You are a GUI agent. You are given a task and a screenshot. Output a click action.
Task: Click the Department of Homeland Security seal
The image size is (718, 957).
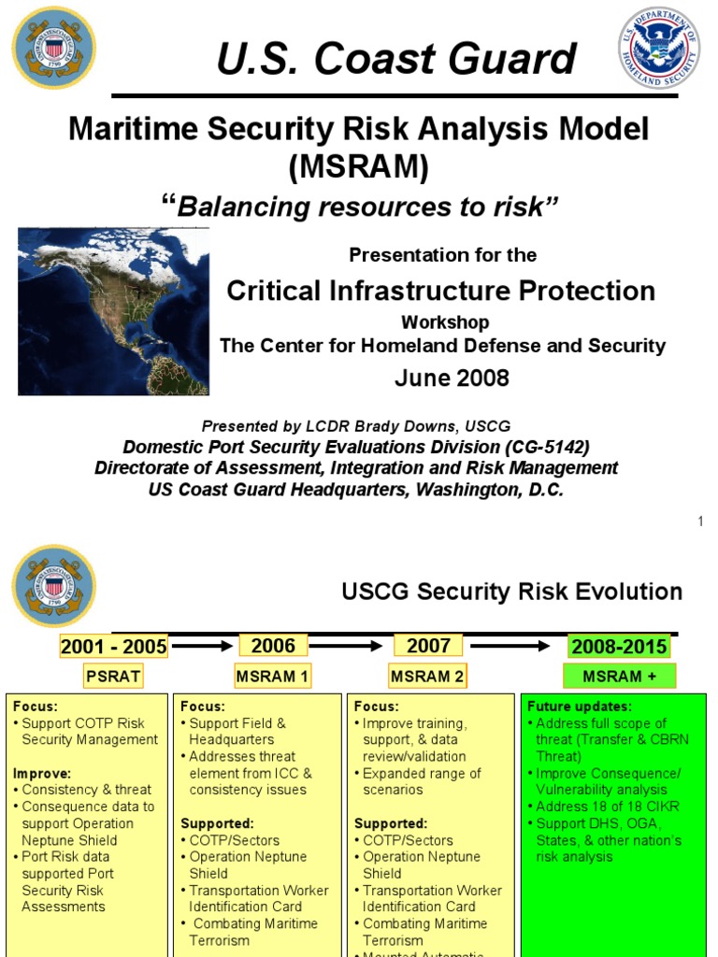point(659,49)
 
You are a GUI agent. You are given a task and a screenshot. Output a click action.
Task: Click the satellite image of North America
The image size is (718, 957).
point(113,310)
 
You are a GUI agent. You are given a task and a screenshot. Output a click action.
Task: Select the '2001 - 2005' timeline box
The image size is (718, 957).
point(113,647)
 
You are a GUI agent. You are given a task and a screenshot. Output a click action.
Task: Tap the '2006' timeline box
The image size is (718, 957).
point(273,646)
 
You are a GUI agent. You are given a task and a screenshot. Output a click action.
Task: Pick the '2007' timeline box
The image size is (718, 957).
point(428,646)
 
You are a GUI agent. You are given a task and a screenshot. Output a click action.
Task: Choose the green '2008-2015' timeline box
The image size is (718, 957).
point(618,647)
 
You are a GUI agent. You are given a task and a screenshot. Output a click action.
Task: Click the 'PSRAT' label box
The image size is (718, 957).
point(113,676)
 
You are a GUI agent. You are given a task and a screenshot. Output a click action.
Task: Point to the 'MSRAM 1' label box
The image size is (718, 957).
point(273,676)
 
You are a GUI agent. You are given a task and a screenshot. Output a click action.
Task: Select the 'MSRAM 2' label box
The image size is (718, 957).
point(428,676)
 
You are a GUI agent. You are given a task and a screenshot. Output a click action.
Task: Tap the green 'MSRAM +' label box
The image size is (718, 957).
point(618,676)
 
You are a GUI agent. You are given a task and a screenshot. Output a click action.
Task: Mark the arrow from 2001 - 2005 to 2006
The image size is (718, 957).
point(201,646)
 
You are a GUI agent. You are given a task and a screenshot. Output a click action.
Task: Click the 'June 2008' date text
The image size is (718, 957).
point(452,378)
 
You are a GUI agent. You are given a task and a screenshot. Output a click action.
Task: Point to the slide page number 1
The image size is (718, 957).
point(700,521)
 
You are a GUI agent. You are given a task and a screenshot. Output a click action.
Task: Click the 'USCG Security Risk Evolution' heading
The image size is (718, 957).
point(511,592)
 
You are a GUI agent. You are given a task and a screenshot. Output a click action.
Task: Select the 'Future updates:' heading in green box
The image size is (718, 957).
point(579,707)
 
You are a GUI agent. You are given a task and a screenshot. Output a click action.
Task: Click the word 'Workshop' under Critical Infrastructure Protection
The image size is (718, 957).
point(445,322)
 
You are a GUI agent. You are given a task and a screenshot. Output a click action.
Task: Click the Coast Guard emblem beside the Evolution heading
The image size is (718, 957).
point(53,586)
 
